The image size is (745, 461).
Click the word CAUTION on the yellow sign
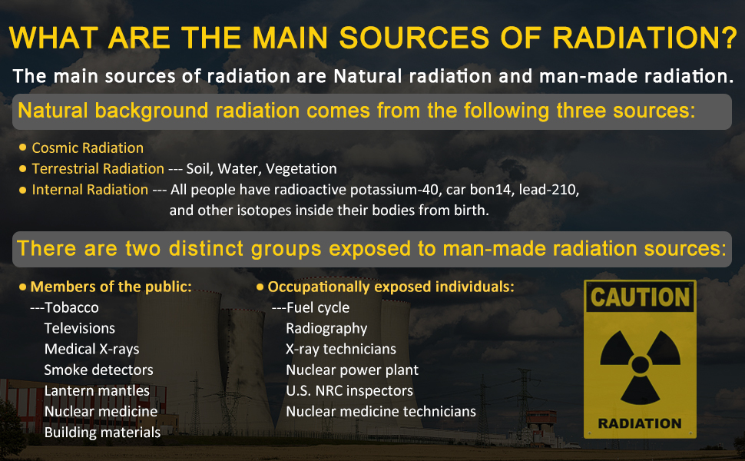tap(640, 297)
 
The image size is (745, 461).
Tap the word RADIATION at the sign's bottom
tap(640, 423)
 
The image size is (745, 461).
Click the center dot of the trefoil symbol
tap(640, 365)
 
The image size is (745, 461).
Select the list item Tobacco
tap(71, 307)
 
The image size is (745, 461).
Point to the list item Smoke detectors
tap(98, 370)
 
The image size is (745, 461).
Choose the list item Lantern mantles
tap(97, 390)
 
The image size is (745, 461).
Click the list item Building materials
tap(102, 433)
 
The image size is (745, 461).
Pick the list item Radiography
tap(326, 328)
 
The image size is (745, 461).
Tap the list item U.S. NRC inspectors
tap(349, 390)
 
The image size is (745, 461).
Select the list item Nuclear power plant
tap(352, 370)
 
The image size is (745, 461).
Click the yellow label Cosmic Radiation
tap(88, 148)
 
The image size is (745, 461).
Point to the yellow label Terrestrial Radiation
tap(98, 169)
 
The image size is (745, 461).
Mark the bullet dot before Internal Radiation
tap(22, 190)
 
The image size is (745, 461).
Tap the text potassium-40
tap(394, 190)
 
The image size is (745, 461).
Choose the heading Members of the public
tap(111, 287)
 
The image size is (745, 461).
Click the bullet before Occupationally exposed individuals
tap(260, 287)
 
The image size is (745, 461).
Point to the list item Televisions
tap(79, 328)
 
